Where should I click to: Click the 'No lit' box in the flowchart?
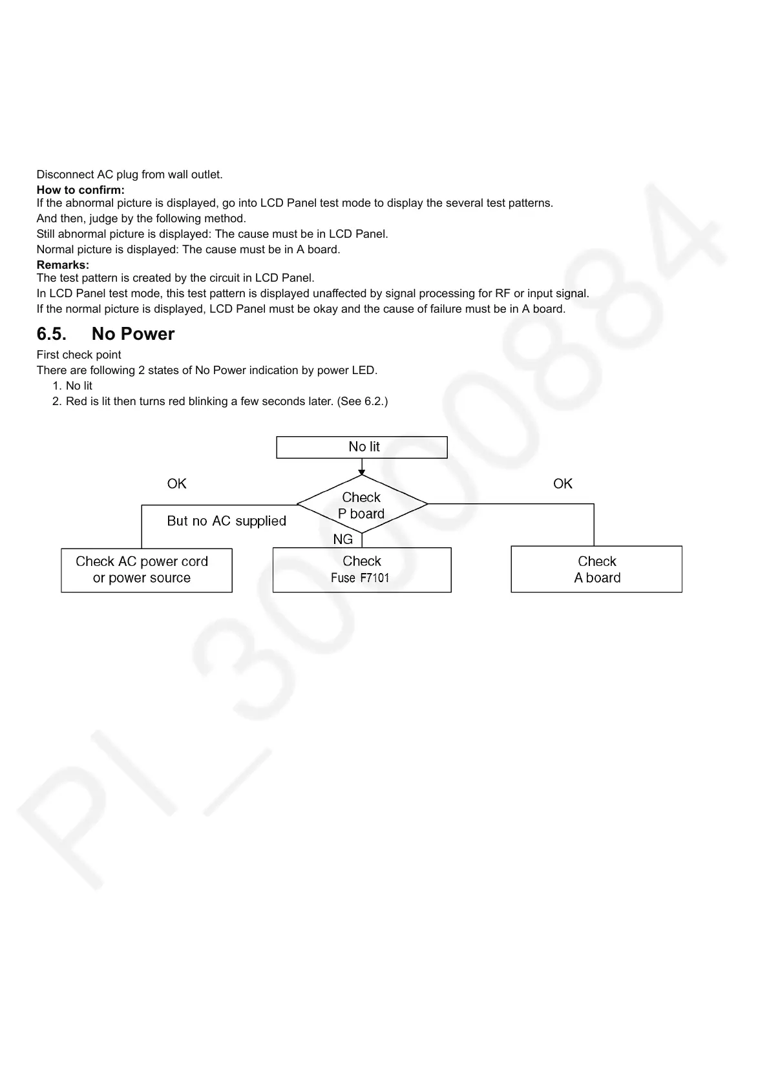[362, 447]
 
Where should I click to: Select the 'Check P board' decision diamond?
[362, 505]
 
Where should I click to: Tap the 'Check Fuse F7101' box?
[362, 570]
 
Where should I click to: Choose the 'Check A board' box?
[596, 569]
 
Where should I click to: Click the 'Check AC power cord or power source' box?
[147, 570]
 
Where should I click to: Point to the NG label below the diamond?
[343, 539]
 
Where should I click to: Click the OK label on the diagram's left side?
[176, 484]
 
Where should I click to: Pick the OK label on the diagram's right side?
[563, 484]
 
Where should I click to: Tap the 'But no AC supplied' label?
[226, 521]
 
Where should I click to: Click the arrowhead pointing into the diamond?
[362, 472]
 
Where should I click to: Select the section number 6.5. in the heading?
[52, 334]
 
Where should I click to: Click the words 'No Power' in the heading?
[133, 334]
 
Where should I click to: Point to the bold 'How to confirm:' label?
[81, 190]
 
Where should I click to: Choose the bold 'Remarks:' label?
[63, 265]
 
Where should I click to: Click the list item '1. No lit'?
[72, 386]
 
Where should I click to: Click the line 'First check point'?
[79, 355]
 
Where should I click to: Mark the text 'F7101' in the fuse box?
[374, 578]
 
